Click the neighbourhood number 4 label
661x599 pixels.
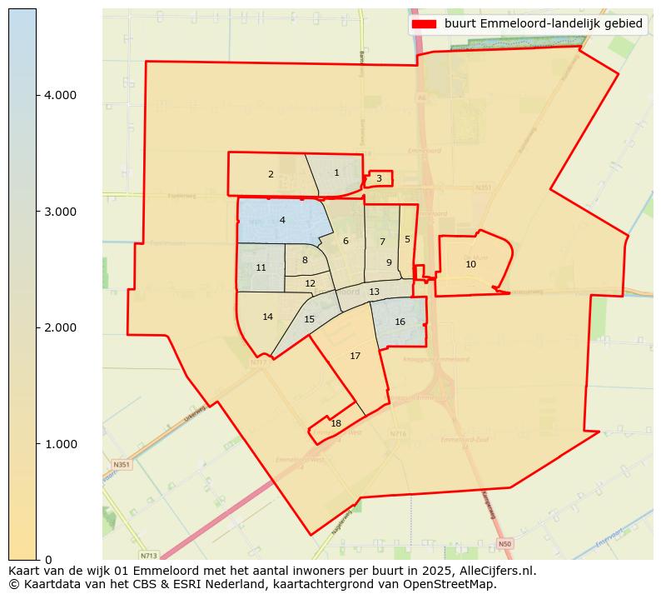[x=282, y=220]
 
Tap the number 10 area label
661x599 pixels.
[x=470, y=264]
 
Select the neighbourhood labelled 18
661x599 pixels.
[x=335, y=424]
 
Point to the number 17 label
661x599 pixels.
[x=355, y=357]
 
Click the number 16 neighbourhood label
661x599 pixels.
[x=400, y=322]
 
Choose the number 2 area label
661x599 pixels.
[x=271, y=175]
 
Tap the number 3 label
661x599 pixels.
[x=379, y=178]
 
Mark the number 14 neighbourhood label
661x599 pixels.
[x=267, y=317]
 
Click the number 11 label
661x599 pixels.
[x=261, y=268]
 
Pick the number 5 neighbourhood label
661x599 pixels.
[x=407, y=240]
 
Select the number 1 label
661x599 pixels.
[x=336, y=173]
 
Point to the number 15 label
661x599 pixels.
[x=309, y=320]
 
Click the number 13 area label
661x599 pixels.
[x=374, y=292]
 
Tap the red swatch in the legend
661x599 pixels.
[x=424, y=24]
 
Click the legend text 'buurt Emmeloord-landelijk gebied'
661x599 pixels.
[x=543, y=24]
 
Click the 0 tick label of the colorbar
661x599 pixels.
[x=49, y=560]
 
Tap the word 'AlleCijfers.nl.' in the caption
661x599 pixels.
[x=495, y=572]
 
